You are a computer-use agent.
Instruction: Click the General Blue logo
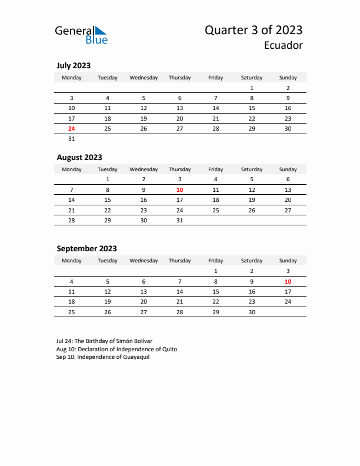pyautogui.click(x=81, y=35)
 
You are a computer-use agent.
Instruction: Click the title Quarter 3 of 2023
pyautogui.click(x=254, y=30)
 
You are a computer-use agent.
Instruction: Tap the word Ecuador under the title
pyautogui.click(x=284, y=45)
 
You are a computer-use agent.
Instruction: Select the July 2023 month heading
pyautogui.click(x=74, y=66)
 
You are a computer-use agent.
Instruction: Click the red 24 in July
pyautogui.click(x=72, y=128)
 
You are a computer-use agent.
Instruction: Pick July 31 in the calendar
pyautogui.click(x=72, y=139)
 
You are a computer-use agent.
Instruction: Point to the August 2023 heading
pyautogui.click(x=79, y=157)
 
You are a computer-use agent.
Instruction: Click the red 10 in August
pyautogui.click(x=179, y=190)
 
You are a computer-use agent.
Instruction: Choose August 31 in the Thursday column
pyautogui.click(x=179, y=221)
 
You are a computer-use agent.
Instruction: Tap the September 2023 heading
pyautogui.click(x=86, y=248)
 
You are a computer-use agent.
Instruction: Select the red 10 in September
pyautogui.click(x=288, y=281)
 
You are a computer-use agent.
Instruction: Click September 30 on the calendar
pyautogui.click(x=252, y=312)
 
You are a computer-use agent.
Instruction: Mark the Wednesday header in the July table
pyautogui.click(x=144, y=78)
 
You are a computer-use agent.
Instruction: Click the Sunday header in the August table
pyautogui.click(x=288, y=169)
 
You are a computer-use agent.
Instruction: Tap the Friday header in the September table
pyautogui.click(x=216, y=261)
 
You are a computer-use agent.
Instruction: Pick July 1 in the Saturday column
pyautogui.click(x=252, y=88)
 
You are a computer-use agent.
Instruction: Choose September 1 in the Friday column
pyautogui.click(x=216, y=271)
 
